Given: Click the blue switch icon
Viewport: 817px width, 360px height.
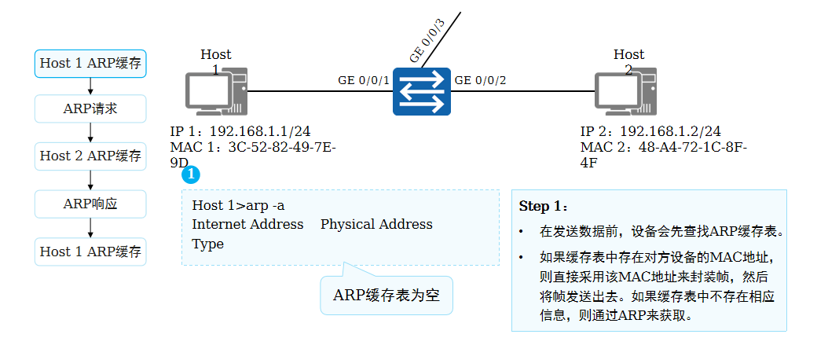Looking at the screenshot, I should coord(419,91).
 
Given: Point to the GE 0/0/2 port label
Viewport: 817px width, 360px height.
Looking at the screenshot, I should coord(481,80).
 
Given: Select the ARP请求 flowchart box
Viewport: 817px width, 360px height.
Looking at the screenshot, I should coord(90,108).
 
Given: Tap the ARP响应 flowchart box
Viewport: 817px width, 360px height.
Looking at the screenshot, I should coord(90,204).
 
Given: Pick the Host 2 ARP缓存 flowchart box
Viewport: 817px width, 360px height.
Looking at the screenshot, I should coord(90,156).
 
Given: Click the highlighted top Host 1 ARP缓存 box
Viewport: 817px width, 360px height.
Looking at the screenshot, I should coord(90,63).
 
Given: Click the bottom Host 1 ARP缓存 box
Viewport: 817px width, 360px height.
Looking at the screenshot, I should coord(90,252).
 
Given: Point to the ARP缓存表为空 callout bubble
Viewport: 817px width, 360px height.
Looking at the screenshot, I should coord(387,296).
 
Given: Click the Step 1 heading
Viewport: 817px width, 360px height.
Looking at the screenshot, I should coord(543,207).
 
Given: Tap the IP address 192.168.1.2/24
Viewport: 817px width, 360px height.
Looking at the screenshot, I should coord(670,132).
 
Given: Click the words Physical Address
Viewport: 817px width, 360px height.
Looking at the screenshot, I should coord(376,224).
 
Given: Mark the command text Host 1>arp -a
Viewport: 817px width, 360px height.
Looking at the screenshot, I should coord(238,205).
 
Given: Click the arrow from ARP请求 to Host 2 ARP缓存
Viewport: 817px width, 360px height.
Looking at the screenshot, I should coord(90,133).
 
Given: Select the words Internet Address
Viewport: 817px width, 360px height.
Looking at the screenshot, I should coord(247,224).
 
